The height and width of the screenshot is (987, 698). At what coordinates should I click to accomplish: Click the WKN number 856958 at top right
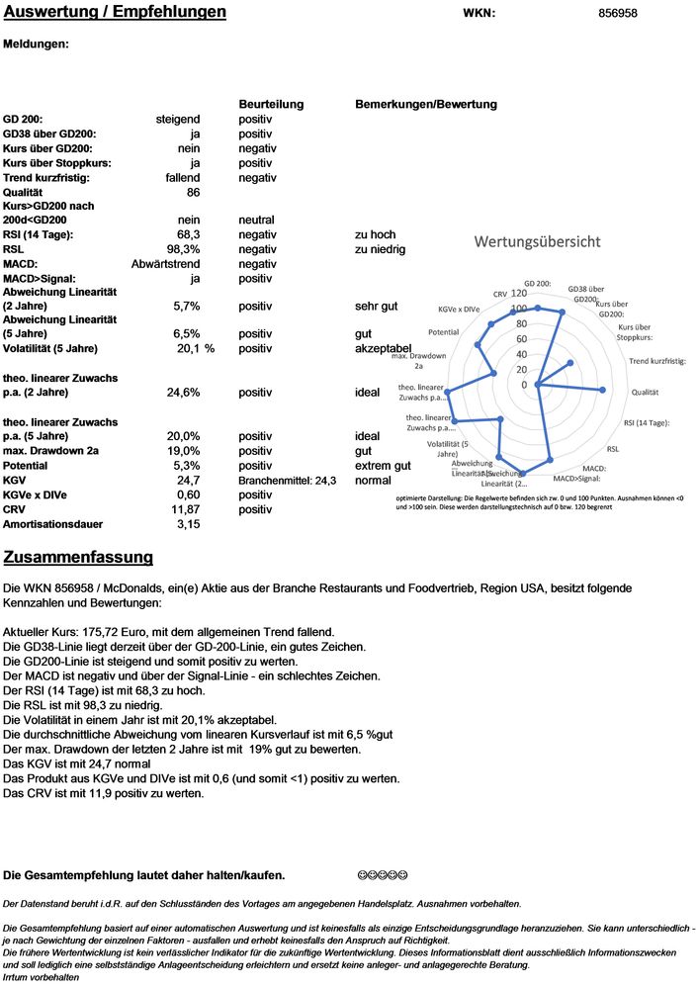coord(618,13)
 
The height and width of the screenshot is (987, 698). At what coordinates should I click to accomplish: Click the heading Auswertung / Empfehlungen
coord(115,13)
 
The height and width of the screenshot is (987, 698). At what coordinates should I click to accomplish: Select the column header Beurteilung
coord(271,104)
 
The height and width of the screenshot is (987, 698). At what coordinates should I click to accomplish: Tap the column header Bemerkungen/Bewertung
coord(425,104)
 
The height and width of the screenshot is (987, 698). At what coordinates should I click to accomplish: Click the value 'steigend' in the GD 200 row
coord(178,119)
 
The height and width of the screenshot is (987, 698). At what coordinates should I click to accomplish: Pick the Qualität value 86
coord(193,192)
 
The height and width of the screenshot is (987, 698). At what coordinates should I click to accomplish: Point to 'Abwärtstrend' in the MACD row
coord(166,264)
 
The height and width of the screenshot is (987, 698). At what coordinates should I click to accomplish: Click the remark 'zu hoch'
coord(375,234)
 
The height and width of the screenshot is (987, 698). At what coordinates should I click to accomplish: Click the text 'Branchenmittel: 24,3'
coord(288,480)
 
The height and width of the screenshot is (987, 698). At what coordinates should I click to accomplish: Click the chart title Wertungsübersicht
coord(538,241)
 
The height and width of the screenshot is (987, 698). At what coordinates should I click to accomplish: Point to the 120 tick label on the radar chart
coord(518,294)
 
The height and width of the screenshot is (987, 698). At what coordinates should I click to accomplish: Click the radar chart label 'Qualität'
coord(645,392)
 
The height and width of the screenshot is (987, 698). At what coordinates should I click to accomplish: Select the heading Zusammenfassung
coord(78,558)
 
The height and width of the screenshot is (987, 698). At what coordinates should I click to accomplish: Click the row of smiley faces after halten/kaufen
coord(382,875)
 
